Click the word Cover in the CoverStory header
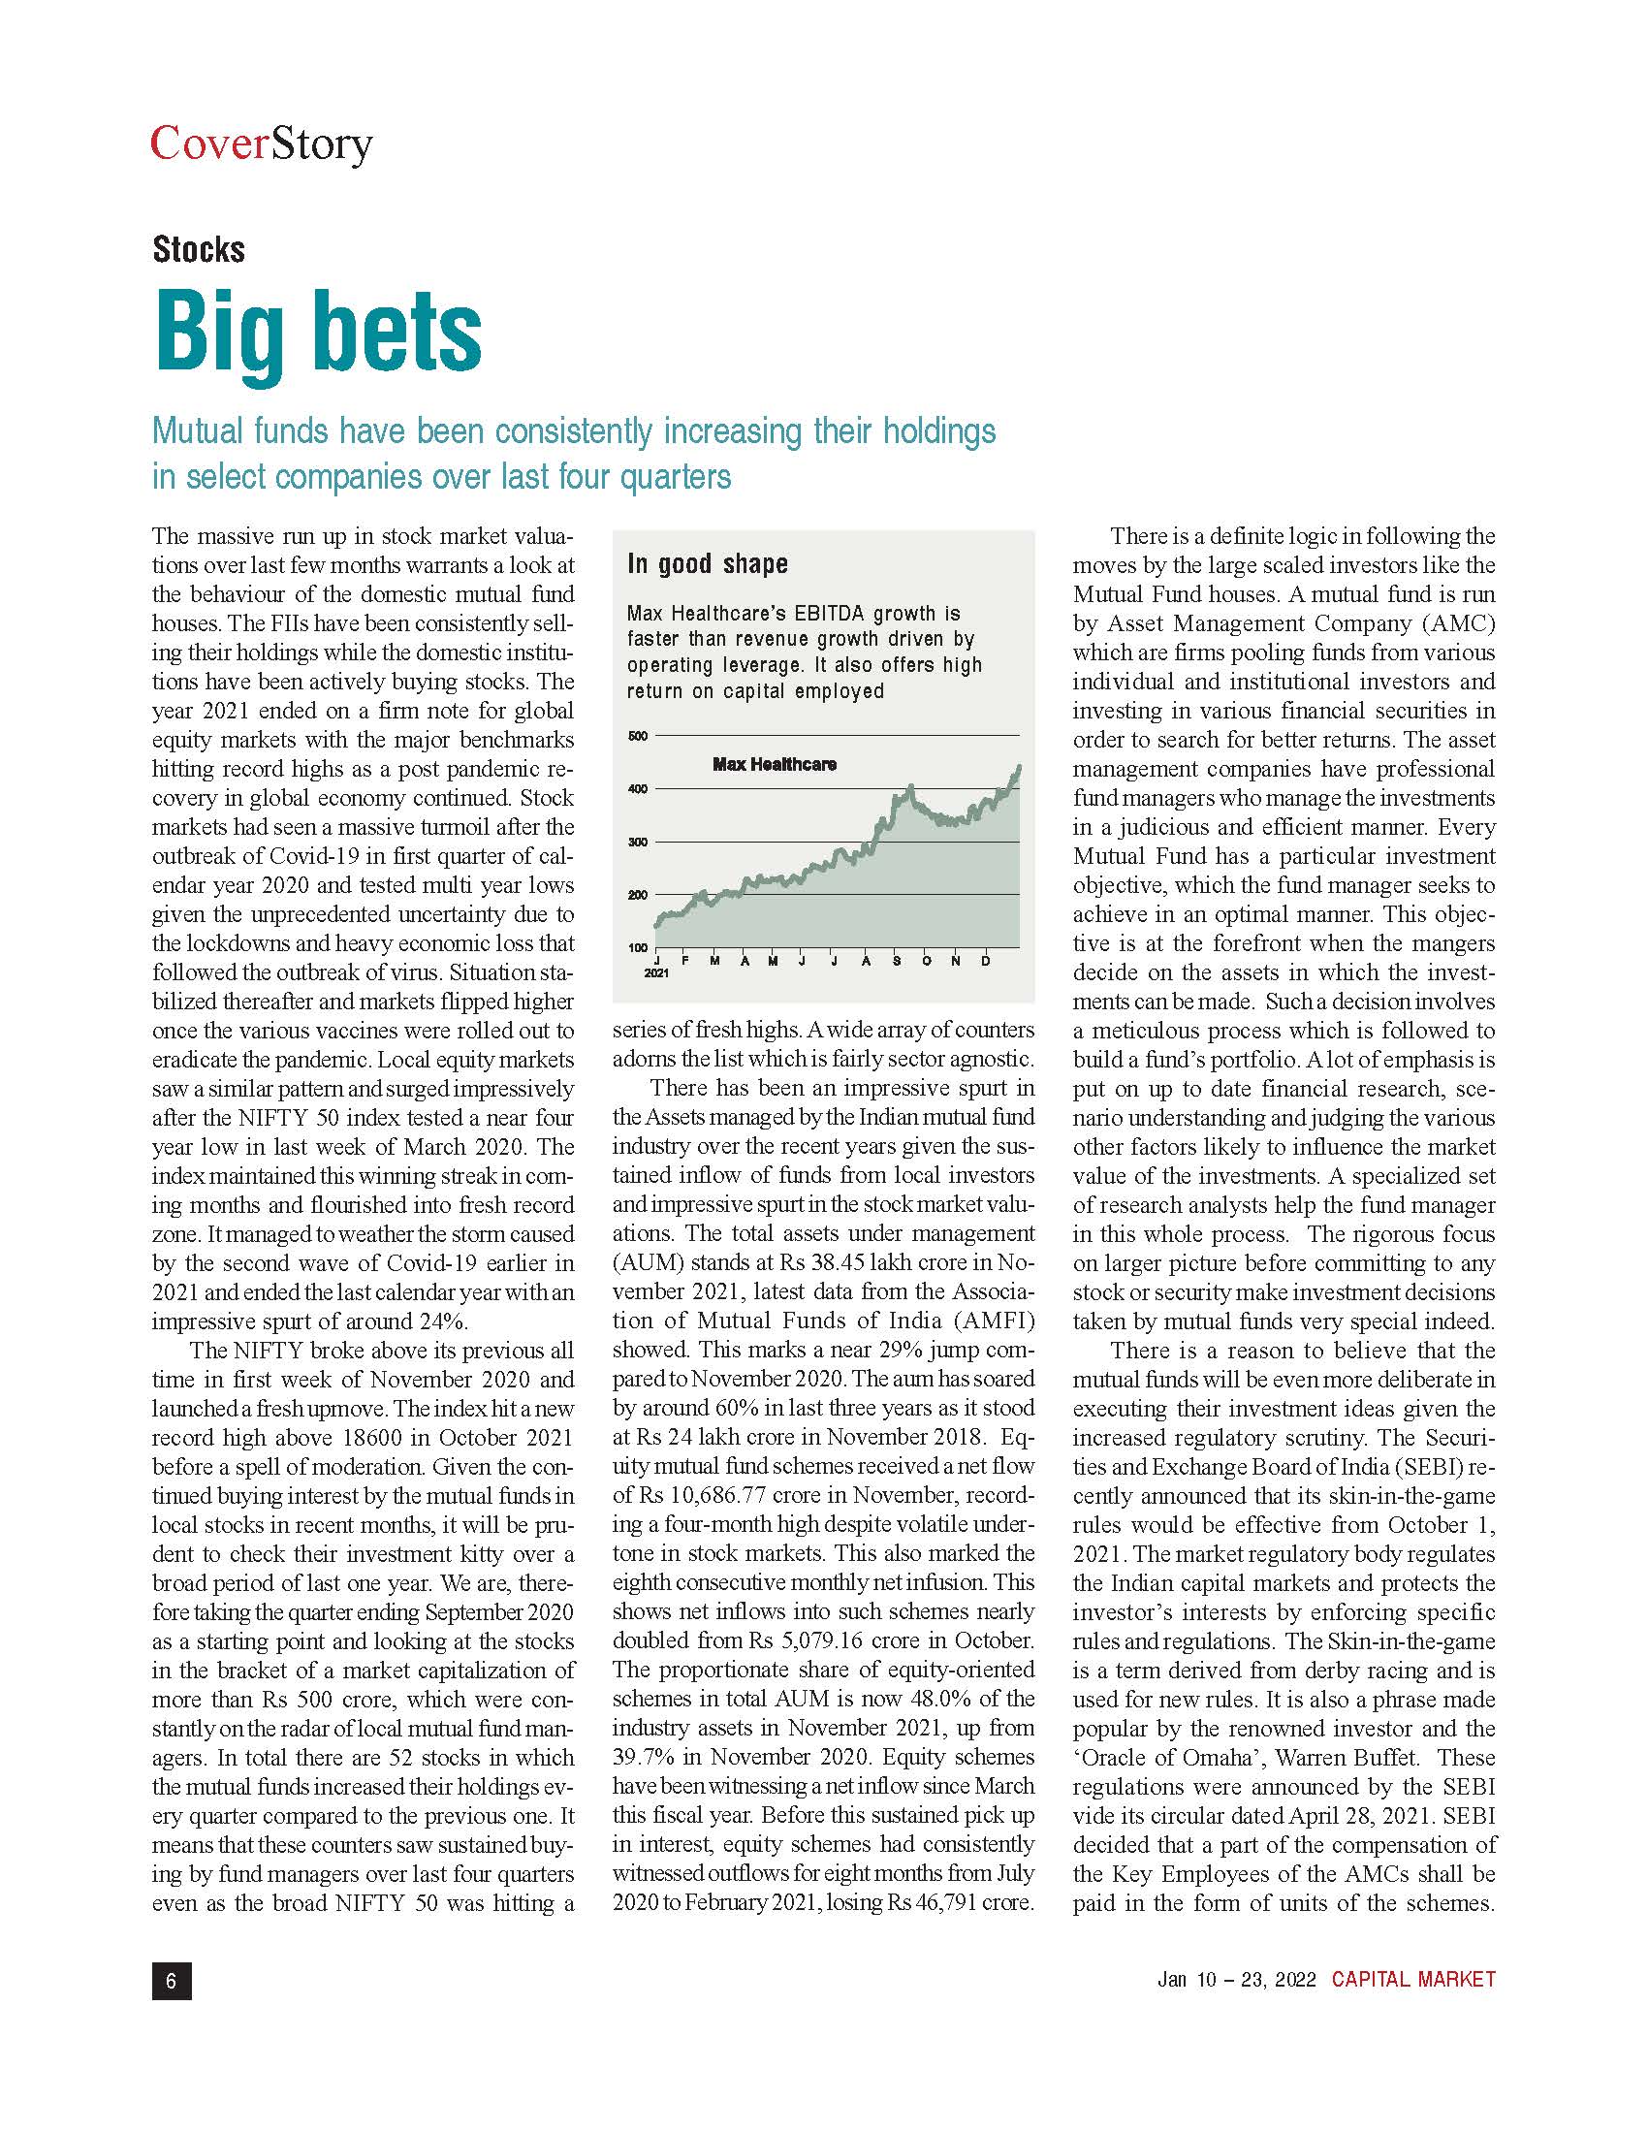(x=209, y=143)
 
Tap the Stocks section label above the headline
(x=198, y=250)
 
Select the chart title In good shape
(x=707, y=564)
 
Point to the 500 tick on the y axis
(x=637, y=736)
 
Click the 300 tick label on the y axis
(x=637, y=842)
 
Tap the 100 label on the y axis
(x=637, y=948)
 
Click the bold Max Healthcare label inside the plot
(x=775, y=764)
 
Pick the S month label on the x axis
(x=898, y=961)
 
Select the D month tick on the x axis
(x=986, y=961)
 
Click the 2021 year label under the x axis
(x=656, y=974)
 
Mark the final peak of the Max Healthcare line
(x=1019, y=768)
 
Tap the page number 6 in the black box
(x=172, y=1980)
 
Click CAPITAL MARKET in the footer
(x=1412, y=1980)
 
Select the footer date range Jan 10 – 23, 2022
(x=1236, y=1980)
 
